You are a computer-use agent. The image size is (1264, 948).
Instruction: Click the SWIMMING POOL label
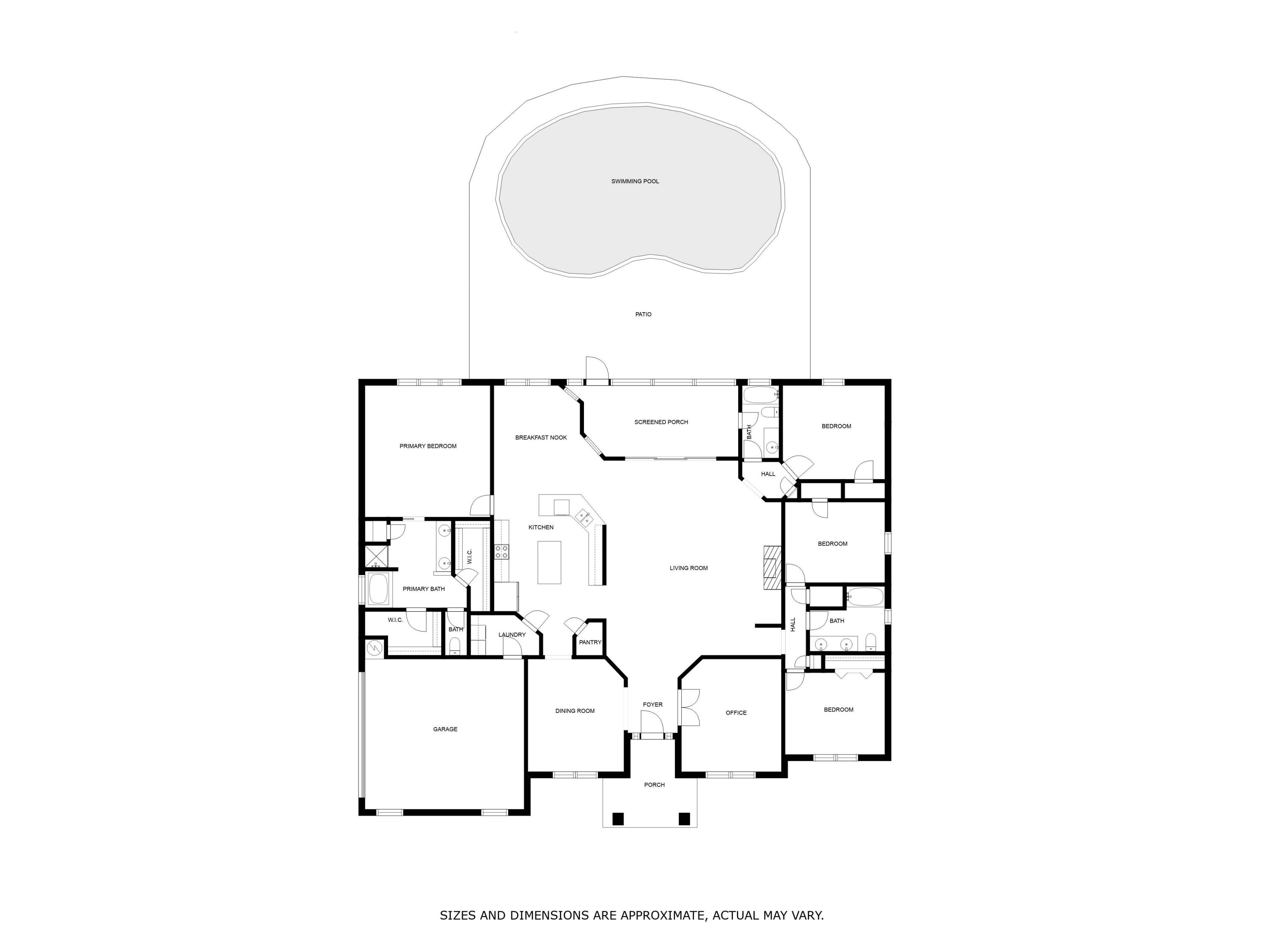coord(635,181)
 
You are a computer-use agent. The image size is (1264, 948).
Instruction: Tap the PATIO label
coord(643,314)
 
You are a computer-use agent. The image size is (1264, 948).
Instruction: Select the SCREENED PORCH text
coord(661,422)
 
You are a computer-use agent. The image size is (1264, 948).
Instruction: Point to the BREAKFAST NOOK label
coord(541,438)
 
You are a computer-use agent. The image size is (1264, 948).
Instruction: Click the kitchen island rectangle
coord(549,562)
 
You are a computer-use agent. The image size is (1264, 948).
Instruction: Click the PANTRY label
coord(590,642)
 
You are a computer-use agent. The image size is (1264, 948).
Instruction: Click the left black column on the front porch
coord(618,819)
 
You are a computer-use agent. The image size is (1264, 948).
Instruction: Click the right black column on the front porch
coord(684,819)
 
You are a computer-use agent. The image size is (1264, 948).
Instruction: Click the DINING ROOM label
coord(574,711)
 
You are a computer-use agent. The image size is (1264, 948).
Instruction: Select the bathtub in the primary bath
coord(378,589)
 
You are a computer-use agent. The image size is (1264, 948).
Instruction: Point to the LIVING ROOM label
coord(688,568)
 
